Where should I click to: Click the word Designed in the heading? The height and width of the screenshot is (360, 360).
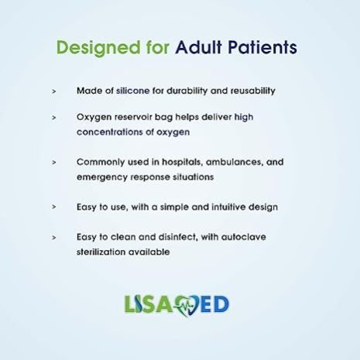tap(98, 48)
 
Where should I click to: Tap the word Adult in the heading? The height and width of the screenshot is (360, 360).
tap(198, 47)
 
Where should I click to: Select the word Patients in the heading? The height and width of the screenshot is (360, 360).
tap(262, 47)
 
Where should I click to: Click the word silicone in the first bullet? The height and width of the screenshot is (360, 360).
tap(132, 91)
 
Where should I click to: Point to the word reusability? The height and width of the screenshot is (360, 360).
tap(252, 91)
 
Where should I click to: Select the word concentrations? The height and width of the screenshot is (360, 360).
tap(110, 132)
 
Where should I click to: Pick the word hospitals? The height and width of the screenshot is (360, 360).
tap(182, 162)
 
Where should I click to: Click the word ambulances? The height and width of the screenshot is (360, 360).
tap(234, 162)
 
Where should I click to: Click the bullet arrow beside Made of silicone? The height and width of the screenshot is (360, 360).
tap(54, 91)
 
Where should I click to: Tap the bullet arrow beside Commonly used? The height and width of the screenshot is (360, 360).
tap(54, 163)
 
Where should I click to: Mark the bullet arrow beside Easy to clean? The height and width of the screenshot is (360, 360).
tap(54, 238)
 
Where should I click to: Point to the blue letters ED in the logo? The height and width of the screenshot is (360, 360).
tap(215, 304)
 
